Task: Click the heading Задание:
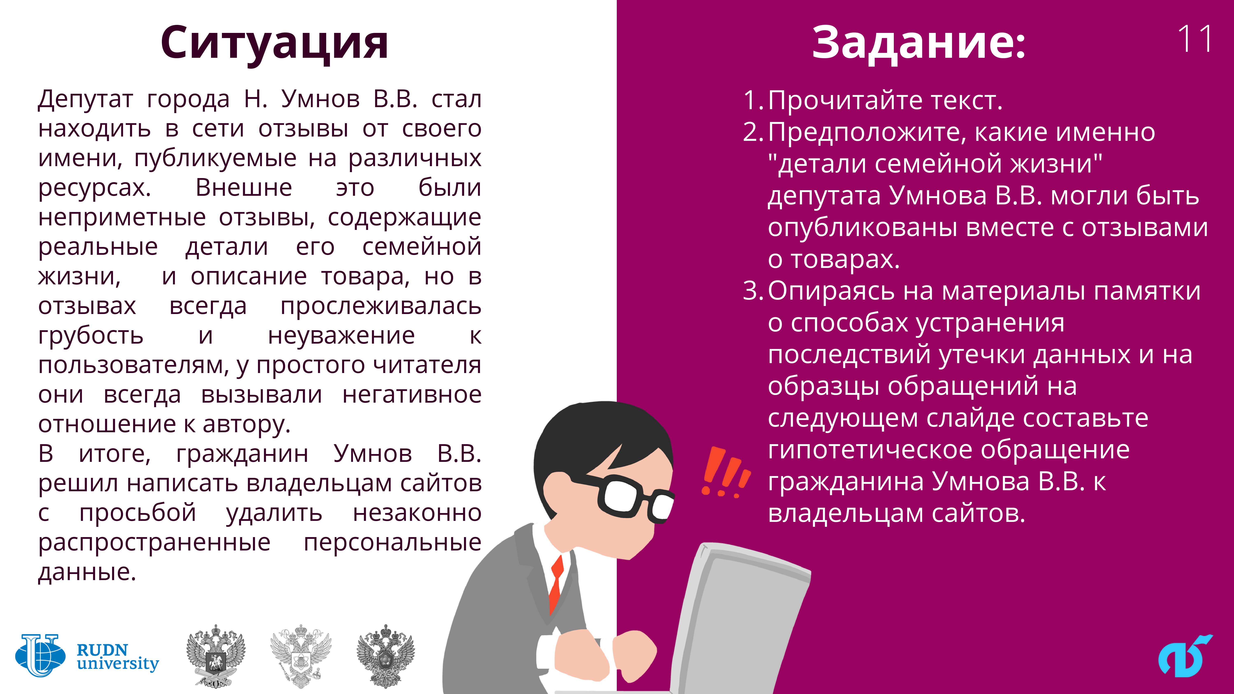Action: [x=919, y=43]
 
